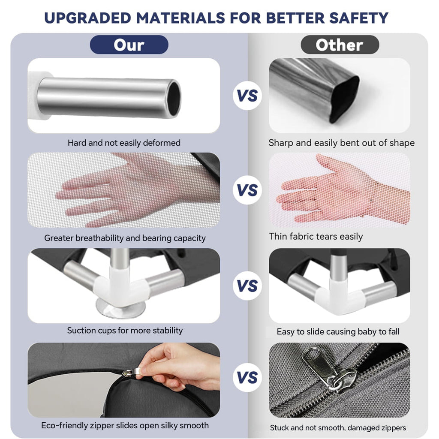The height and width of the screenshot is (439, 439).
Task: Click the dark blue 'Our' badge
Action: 129,45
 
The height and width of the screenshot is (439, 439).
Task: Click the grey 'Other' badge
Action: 340,45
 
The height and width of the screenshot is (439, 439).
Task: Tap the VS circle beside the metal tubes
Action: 247,96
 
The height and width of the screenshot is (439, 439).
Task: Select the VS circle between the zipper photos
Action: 247,377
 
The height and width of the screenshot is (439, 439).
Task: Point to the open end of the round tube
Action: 174,99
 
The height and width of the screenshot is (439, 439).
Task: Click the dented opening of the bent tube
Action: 344,99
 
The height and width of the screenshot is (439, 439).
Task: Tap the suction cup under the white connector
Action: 120,308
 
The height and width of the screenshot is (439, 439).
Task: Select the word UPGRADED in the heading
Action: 87,18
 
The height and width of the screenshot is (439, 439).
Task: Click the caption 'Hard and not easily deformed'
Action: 124,143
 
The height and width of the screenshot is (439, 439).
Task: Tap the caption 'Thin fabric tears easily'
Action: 316,237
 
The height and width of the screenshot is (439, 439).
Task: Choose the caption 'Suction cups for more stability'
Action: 125,331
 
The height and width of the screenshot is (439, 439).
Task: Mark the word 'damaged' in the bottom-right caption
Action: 365,428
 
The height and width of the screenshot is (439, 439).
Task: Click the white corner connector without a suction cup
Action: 340,295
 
